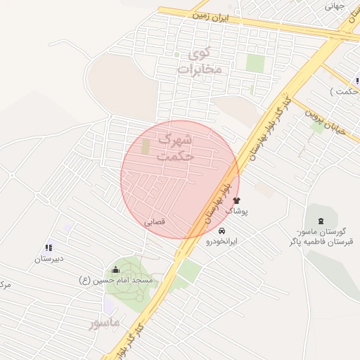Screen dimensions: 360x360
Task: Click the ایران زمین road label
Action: pyautogui.click(x=212, y=14)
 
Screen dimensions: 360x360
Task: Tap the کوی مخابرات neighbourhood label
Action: pyautogui.click(x=200, y=61)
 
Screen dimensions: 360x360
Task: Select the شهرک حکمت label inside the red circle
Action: pyautogui.click(x=176, y=148)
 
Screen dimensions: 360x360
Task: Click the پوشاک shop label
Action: pyautogui.click(x=236, y=210)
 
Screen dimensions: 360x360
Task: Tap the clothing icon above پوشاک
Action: pyautogui.click(x=236, y=200)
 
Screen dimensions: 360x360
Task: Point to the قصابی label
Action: pyautogui.click(x=155, y=221)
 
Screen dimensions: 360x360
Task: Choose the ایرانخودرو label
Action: pyautogui.click(x=222, y=240)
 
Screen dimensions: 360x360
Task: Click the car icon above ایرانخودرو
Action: pyautogui.click(x=222, y=231)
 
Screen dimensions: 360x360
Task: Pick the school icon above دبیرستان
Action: pyautogui.click(x=49, y=247)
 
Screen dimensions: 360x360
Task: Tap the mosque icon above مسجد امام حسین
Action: pyautogui.click(x=116, y=269)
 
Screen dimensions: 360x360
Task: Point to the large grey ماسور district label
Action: pyautogui.click(x=105, y=323)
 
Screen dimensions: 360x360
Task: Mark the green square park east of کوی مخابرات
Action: pyautogui.click(x=255, y=63)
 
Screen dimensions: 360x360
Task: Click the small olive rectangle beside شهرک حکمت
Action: pyautogui.click(x=146, y=148)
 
